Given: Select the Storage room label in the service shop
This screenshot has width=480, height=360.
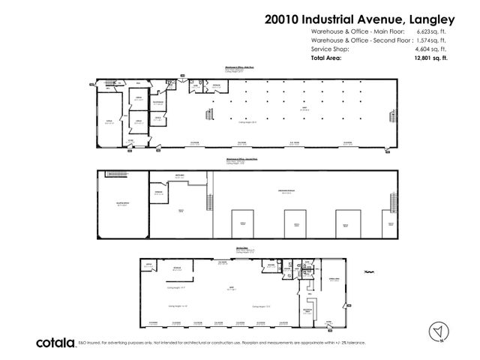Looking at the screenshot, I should (x=178, y=268).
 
